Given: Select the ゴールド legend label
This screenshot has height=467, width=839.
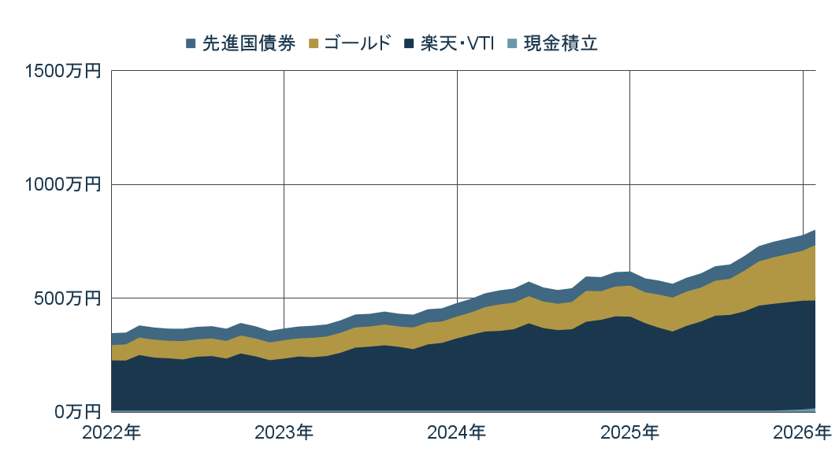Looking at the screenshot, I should coord(357,44).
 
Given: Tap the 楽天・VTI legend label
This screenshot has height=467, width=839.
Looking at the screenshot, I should coord(457,44).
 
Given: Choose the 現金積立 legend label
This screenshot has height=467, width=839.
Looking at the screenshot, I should coord(560,44).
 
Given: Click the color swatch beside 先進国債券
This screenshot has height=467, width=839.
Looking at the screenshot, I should coord(191,44).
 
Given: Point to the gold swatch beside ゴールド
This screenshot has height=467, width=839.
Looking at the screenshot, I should coord(312,44).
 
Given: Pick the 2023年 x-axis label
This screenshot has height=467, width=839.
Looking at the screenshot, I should coord(284,432).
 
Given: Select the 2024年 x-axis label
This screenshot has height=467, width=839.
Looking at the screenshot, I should coord(457,432).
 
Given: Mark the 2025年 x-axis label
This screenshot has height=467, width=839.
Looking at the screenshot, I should coord(629,432).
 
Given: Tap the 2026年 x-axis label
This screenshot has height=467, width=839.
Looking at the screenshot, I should coord(801,432).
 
